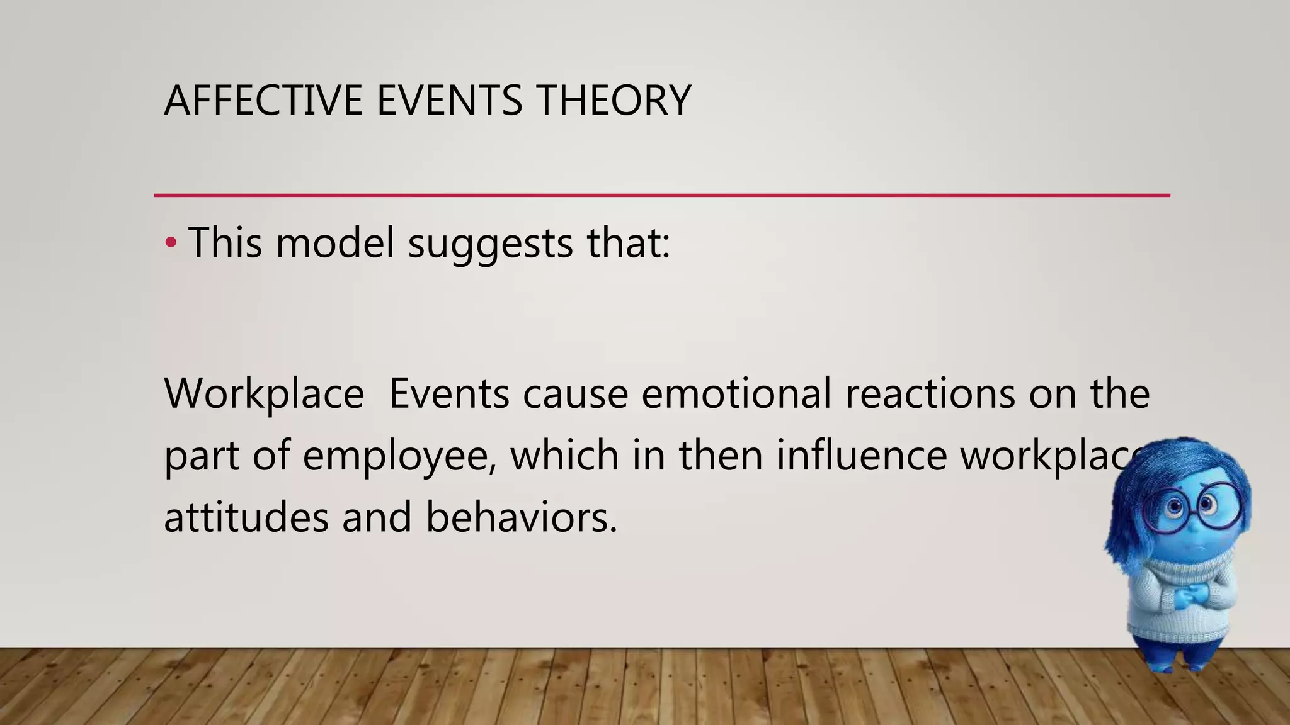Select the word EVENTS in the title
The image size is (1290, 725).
(449, 101)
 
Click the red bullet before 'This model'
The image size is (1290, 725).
(170, 243)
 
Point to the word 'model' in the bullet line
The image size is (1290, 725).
(334, 243)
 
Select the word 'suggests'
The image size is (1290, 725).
(490, 244)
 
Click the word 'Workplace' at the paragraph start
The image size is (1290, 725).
(264, 394)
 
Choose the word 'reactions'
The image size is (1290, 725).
(929, 394)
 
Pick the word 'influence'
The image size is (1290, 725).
(861, 456)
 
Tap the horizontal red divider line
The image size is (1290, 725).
(661, 196)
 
